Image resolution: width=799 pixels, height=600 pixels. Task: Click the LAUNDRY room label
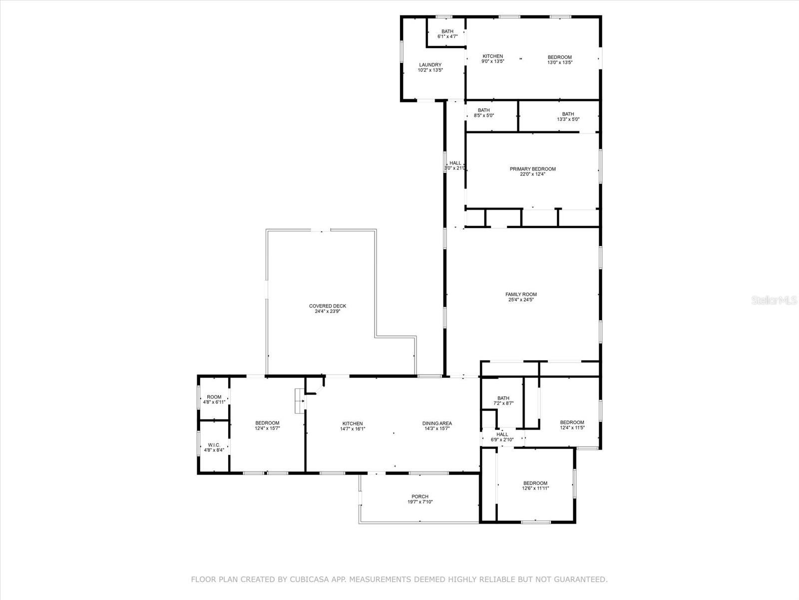(x=430, y=65)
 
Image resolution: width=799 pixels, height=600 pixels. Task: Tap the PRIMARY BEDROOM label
(x=532, y=169)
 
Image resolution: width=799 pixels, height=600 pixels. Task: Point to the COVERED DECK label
(x=327, y=306)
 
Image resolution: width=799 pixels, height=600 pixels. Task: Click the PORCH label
(x=419, y=496)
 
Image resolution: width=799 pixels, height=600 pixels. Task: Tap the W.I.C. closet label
(x=214, y=445)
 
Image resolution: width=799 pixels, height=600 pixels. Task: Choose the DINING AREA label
(x=437, y=423)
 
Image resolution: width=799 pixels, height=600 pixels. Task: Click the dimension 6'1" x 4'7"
(x=447, y=36)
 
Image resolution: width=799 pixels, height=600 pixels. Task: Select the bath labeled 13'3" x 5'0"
(x=568, y=116)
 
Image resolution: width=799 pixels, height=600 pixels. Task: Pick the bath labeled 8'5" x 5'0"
(x=483, y=113)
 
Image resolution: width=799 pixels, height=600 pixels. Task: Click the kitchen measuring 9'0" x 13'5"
(x=492, y=59)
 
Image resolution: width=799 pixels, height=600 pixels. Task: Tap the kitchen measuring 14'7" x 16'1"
(x=352, y=426)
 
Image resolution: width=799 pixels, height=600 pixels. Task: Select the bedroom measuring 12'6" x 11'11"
(x=535, y=485)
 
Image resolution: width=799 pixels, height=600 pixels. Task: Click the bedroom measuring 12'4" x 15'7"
(x=267, y=425)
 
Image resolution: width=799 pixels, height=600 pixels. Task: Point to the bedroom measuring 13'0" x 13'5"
(x=559, y=59)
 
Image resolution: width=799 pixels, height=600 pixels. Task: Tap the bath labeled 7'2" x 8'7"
(x=503, y=400)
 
